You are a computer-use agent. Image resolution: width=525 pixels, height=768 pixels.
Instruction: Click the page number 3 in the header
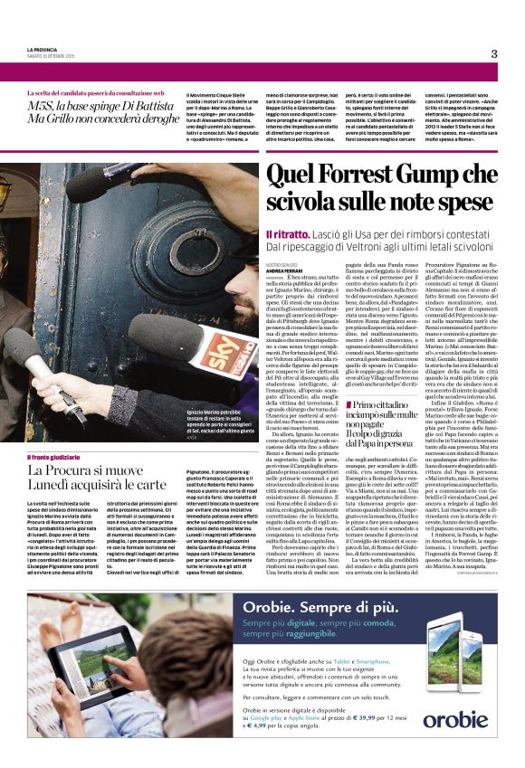[494, 53]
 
